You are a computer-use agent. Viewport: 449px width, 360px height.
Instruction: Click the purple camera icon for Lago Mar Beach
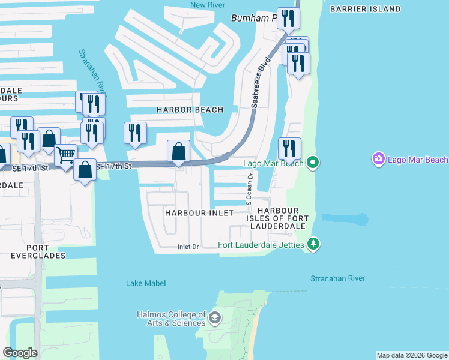click(x=379, y=159)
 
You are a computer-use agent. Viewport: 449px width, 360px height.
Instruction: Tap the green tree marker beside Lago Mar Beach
click(x=312, y=163)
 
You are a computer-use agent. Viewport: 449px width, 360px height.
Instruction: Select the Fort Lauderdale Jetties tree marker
click(x=312, y=244)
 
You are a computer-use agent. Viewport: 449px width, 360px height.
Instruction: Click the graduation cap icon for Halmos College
click(x=215, y=317)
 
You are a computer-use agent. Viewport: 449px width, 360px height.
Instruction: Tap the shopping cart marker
click(x=65, y=156)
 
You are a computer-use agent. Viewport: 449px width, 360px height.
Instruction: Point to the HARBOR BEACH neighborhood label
click(x=190, y=110)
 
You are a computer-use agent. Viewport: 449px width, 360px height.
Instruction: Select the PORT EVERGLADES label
click(x=37, y=251)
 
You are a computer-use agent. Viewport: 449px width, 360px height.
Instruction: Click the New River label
click(x=207, y=5)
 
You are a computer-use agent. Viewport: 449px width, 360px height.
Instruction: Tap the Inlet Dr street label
click(x=188, y=247)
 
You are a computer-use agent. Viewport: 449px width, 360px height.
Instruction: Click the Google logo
click(x=20, y=353)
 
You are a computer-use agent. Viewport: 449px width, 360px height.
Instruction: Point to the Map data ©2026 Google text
click(x=412, y=355)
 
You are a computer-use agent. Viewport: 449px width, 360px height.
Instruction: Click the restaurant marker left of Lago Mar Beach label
click(x=289, y=149)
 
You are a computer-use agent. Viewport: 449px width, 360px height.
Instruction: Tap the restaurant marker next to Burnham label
click(x=288, y=19)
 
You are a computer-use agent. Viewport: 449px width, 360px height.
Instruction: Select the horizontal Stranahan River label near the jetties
click(x=337, y=278)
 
